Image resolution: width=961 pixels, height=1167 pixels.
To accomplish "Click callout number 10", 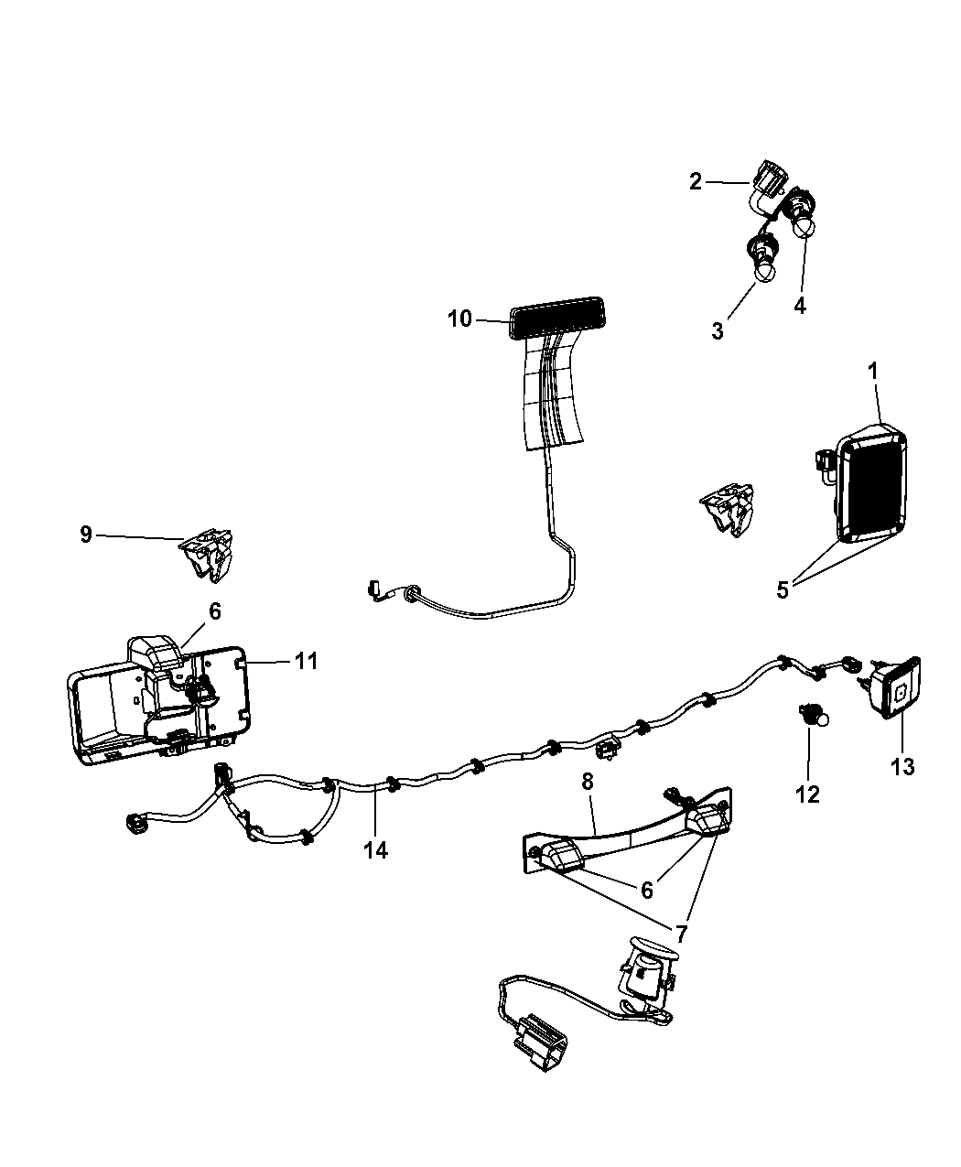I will coord(459,319).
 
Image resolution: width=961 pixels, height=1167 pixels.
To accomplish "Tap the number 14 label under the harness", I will coord(375,850).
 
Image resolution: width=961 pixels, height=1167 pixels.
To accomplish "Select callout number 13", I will coord(902,766).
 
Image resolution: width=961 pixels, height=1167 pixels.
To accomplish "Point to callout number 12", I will coord(807,794).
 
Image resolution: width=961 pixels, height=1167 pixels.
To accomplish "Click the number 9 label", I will coord(86,534).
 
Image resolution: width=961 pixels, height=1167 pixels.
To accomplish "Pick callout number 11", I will coord(306,660).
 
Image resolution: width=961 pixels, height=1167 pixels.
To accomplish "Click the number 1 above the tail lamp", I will coord(872,372).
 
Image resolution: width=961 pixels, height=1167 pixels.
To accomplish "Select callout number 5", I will coord(783,590).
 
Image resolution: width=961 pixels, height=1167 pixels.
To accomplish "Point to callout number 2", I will coord(696,181).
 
